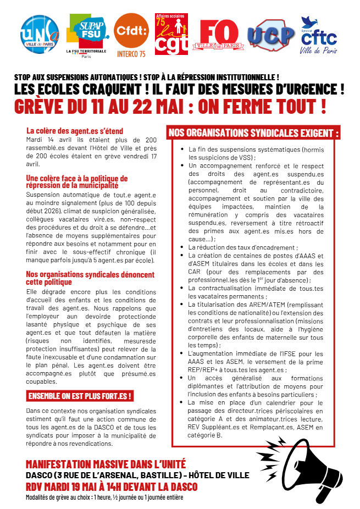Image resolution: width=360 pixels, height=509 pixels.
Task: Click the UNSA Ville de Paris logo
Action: [40, 34]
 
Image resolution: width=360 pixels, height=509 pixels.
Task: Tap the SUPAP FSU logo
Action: [86, 34]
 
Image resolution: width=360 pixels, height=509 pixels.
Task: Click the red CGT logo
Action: [171, 35]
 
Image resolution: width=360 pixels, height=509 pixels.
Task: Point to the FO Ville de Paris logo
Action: [220, 34]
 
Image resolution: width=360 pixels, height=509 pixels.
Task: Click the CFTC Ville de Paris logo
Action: [319, 35]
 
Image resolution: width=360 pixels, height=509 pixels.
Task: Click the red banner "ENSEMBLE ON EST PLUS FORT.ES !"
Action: [80, 396]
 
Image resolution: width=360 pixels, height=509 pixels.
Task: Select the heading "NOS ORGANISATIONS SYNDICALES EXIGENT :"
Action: [254, 133]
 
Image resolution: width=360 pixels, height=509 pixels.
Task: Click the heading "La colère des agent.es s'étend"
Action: [75, 131]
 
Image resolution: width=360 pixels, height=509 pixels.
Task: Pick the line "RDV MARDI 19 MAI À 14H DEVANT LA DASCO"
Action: [112, 487]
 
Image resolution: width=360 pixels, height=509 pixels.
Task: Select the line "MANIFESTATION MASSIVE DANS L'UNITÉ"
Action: [106, 464]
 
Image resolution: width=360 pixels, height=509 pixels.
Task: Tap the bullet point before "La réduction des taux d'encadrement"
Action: [182, 248]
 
